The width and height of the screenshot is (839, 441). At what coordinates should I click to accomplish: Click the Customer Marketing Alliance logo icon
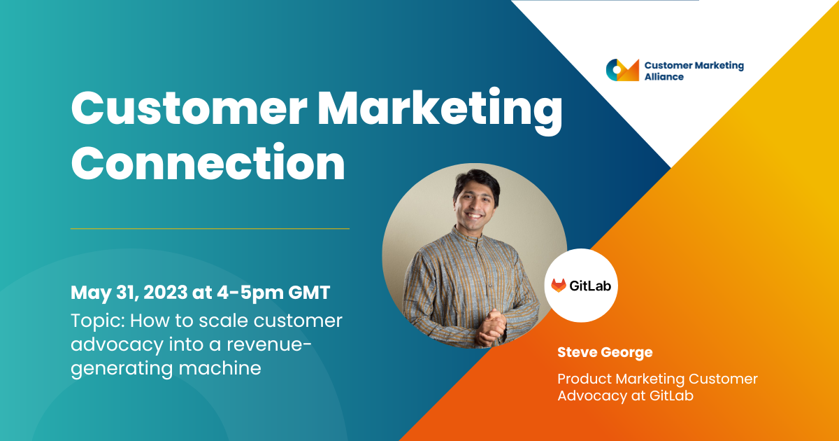point(622,70)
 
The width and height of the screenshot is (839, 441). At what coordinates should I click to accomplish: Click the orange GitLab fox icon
point(559,286)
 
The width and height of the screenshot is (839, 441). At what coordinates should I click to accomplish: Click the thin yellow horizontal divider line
point(210,228)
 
